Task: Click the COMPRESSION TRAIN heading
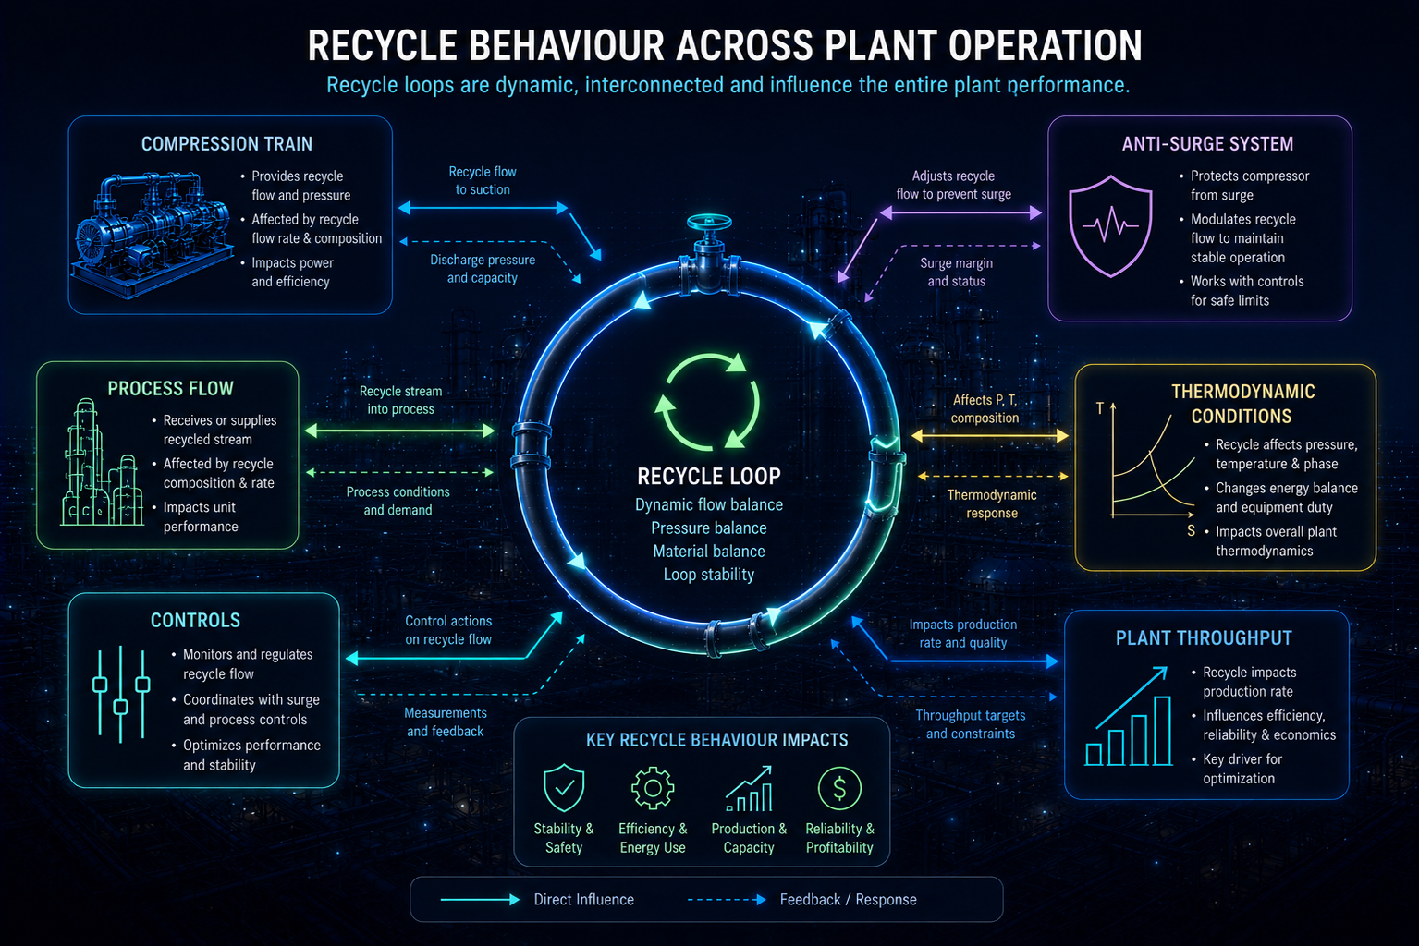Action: point(226,144)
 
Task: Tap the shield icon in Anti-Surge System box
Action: point(1110,226)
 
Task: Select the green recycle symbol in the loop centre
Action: point(707,402)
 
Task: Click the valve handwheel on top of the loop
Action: point(710,223)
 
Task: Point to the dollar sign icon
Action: point(839,788)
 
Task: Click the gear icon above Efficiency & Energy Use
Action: point(653,788)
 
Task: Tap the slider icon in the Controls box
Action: point(121,694)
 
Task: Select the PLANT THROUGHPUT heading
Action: point(1204,637)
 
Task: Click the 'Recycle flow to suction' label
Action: point(483,180)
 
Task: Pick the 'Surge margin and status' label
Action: point(957,272)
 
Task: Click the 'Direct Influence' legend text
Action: point(583,899)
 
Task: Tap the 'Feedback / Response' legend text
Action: point(849,899)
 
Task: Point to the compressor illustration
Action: point(153,235)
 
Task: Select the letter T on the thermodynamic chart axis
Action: point(1100,408)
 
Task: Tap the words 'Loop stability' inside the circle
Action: point(709,575)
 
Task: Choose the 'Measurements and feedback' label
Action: point(446,722)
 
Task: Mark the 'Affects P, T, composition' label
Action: point(985,408)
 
